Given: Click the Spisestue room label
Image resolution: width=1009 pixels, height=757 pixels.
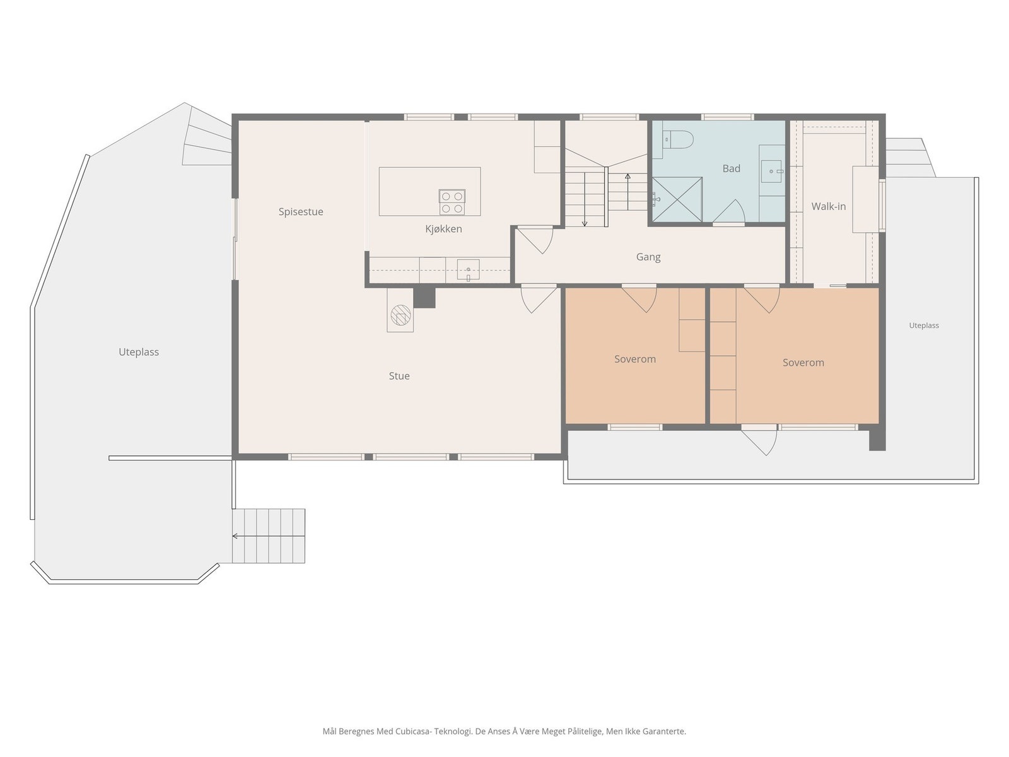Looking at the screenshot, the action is coord(301,212).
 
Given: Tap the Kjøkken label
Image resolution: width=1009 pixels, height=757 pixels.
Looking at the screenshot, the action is coord(443,229).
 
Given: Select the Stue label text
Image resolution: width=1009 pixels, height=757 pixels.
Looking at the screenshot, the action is coord(399,376).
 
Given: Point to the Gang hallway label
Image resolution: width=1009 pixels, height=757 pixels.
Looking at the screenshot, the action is coord(648,257).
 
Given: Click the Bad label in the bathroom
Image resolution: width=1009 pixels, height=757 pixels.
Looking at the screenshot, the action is coord(732,168).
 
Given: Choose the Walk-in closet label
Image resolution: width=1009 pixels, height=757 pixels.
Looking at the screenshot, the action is coord(829,206).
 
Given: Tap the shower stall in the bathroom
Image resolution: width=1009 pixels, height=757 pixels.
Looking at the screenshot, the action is coord(677,199).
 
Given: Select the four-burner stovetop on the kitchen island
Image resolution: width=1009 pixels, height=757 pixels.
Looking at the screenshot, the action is coord(452,202).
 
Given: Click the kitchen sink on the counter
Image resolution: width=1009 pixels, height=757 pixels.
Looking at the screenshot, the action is coord(468,269).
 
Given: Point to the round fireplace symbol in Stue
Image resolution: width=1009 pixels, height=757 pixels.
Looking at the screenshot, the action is coord(400,315).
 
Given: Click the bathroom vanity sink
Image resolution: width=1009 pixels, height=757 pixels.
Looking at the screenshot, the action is coord(772,171).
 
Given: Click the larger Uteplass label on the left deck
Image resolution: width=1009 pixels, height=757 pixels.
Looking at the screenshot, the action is coord(139,352).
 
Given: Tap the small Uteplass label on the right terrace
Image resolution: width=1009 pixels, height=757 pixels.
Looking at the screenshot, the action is coord(924,326).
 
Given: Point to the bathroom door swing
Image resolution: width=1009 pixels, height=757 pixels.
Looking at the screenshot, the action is coord(728,211).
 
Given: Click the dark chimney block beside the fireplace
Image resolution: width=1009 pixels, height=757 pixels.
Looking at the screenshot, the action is coord(424,298).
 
